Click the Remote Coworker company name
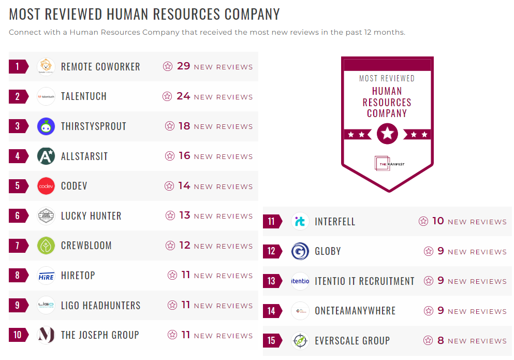[100, 67]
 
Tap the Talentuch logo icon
[46, 96]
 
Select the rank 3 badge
[18, 126]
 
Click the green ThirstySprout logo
[46, 126]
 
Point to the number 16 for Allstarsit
[184, 156]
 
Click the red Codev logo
[46, 186]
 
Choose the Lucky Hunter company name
[91, 216]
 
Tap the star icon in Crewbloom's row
[170, 246]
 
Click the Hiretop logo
[46, 276]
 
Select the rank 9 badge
[18, 306]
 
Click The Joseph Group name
[100, 335]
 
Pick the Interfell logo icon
[300, 222]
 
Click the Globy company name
[328, 252]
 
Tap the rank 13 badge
[272, 281]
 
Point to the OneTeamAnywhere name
[355, 311]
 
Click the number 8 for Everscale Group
[440, 341]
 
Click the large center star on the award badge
[387, 134]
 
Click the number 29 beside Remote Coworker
[184, 66]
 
